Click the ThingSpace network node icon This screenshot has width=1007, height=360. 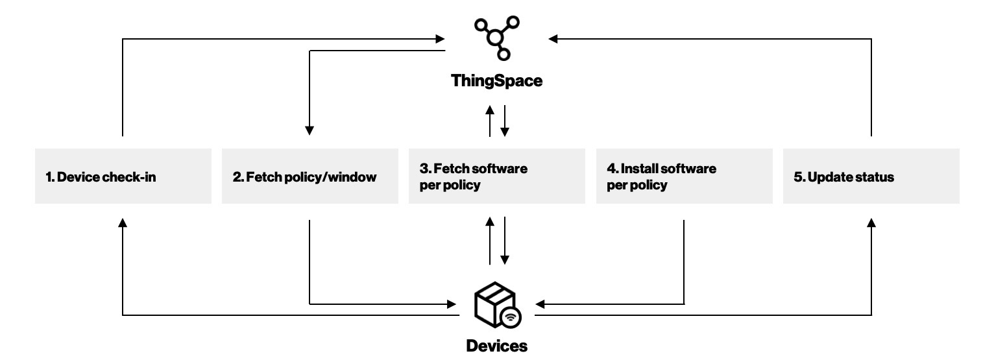(x=496, y=38)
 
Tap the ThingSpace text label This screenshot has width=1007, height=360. (x=497, y=81)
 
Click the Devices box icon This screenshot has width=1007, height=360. (x=498, y=305)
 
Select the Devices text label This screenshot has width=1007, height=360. (x=497, y=346)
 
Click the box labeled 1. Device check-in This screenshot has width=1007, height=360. (x=123, y=176)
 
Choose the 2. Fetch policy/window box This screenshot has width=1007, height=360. (x=310, y=176)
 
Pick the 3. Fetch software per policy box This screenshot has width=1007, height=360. (x=497, y=176)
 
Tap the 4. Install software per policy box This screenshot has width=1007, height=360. (x=685, y=176)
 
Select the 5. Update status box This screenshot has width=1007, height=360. (x=871, y=176)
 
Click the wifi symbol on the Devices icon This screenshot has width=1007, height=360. (x=510, y=318)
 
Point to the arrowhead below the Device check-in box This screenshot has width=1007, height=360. (x=123, y=223)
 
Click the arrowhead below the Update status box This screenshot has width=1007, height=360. (x=871, y=223)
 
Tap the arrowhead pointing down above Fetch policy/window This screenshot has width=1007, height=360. (x=309, y=130)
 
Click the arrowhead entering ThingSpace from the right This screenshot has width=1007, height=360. (x=553, y=39)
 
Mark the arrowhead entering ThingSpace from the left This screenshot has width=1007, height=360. (x=440, y=39)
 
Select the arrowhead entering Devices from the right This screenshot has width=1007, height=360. (x=540, y=304)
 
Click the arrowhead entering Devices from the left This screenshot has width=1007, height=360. (x=452, y=304)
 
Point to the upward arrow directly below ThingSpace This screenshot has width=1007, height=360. (x=490, y=121)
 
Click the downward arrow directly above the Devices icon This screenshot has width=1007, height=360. (x=505, y=241)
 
